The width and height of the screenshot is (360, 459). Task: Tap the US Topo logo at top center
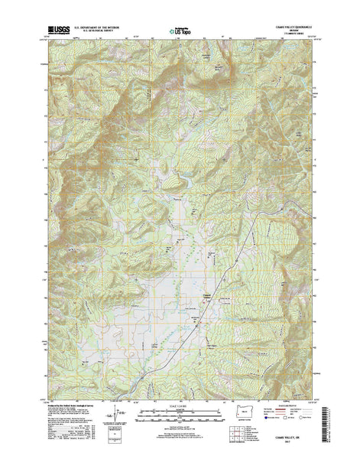(x=180, y=32)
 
